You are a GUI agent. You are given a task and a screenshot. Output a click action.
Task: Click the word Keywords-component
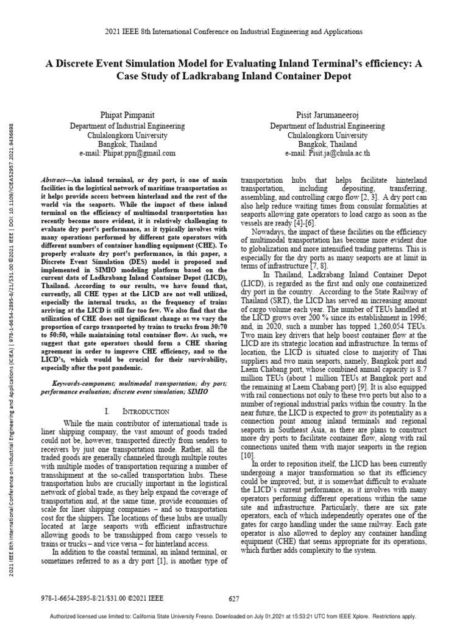coord(71,385)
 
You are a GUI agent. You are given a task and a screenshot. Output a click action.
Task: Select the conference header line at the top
coord(234,31)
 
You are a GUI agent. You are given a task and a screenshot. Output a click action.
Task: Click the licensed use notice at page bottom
coord(234,616)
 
